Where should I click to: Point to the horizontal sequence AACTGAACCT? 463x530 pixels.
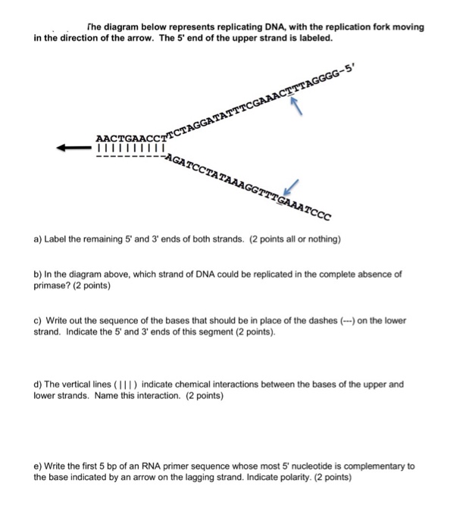[x=128, y=137]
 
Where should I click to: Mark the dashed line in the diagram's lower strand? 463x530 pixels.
[x=128, y=161]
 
